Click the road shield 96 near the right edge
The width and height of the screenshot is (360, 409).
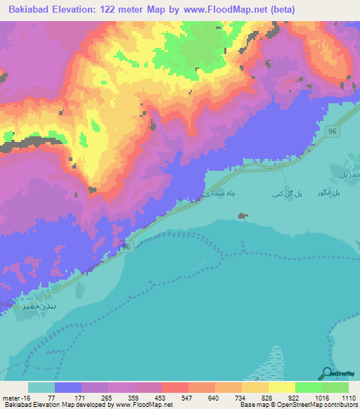point(333,131)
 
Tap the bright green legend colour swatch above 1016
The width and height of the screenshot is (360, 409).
point(309,387)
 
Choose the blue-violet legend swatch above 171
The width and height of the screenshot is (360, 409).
point(68,387)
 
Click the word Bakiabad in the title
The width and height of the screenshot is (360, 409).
point(30,9)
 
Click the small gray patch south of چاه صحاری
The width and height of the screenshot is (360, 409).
point(244,215)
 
